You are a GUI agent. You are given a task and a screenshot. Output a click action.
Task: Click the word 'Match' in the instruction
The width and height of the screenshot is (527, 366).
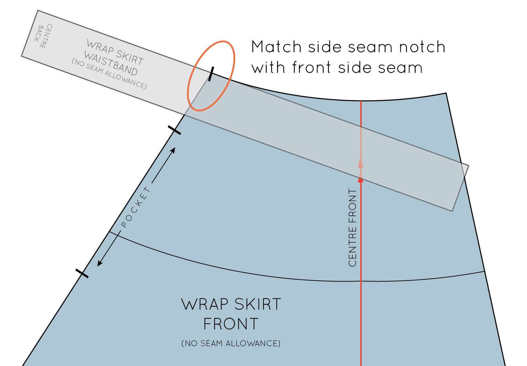tap(276, 47)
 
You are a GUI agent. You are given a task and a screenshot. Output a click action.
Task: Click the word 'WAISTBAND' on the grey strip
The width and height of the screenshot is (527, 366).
tap(111, 64)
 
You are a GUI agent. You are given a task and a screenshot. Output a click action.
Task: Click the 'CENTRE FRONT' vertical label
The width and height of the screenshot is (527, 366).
tap(352, 228)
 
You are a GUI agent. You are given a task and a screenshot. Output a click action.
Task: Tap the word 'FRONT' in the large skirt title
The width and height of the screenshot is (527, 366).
tap(231, 324)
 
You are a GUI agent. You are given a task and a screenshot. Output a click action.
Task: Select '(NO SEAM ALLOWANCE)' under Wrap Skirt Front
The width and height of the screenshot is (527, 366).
tap(231, 343)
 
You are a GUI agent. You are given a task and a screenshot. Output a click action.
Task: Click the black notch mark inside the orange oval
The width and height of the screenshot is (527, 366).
tap(211, 74)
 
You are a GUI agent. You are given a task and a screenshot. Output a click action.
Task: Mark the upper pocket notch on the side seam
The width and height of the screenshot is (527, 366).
tap(174, 130)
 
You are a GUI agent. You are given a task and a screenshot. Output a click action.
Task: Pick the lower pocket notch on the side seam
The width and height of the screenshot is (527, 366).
tap(82, 273)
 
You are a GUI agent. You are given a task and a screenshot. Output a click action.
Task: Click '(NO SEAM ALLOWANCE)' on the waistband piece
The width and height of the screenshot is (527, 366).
tap(109, 74)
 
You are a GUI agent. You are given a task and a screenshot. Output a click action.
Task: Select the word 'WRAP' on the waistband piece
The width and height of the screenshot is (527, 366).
tap(100, 47)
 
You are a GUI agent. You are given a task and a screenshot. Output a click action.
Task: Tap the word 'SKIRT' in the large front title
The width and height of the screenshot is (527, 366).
tap(257, 304)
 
